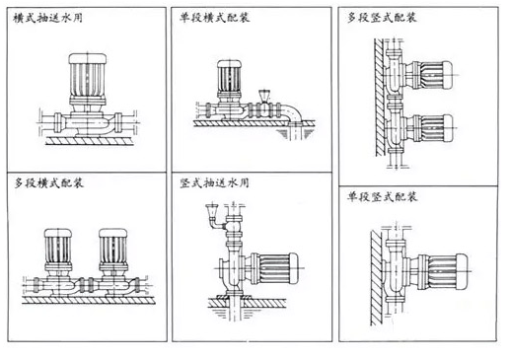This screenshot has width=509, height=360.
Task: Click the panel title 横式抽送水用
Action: pyautogui.click(x=47, y=18)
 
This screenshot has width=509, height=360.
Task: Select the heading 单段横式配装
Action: pyautogui.click(x=214, y=17)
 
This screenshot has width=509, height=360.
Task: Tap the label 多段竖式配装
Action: pyautogui.click(x=382, y=17)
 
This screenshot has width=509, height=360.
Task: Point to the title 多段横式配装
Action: pyautogui.click(x=48, y=182)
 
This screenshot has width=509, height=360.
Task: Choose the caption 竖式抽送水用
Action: pyautogui.click(x=214, y=182)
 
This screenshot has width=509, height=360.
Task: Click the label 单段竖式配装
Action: pyautogui.click(x=382, y=196)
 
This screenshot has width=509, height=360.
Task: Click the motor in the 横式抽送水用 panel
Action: pyautogui.click(x=88, y=79)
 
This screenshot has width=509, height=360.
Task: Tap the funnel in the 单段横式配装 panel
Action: pyautogui.click(x=264, y=96)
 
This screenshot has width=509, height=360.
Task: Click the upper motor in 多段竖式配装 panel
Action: pyautogui.click(x=430, y=75)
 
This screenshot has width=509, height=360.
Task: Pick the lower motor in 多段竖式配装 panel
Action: pyautogui.click(x=430, y=128)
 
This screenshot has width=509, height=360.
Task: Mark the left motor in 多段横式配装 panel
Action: pyautogui.click(x=58, y=250)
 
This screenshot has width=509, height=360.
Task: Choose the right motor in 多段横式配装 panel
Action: pyautogui.click(x=113, y=250)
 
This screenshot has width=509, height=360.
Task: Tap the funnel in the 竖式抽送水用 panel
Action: pyautogui.click(x=211, y=212)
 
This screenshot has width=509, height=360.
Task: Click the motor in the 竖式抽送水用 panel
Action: pyautogui.click(x=274, y=268)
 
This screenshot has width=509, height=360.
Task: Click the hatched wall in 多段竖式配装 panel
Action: pyautogui.click(x=380, y=98)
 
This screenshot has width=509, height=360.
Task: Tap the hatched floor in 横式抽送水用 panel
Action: pyautogui.click(x=90, y=141)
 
